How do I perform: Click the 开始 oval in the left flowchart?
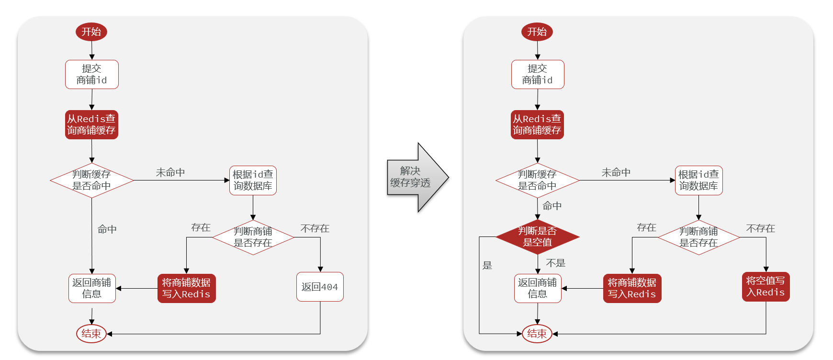(x=91, y=32)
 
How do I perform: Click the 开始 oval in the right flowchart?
(x=537, y=32)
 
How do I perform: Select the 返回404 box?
(x=320, y=287)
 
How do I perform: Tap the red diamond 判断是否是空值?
(x=537, y=236)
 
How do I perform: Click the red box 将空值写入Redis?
(x=765, y=287)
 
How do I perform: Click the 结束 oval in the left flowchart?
(x=91, y=334)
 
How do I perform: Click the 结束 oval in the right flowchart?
(x=537, y=334)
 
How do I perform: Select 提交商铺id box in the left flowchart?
(x=91, y=74)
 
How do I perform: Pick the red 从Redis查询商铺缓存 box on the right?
(x=537, y=124)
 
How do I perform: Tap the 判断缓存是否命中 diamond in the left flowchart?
(x=91, y=180)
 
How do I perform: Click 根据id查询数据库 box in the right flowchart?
(x=698, y=180)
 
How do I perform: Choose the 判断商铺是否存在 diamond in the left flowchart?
(x=253, y=237)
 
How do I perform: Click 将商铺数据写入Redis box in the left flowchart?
(x=186, y=288)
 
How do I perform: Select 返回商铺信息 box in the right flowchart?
(x=537, y=288)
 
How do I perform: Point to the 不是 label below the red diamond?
(x=555, y=263)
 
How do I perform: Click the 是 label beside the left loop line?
(x=487, y=265)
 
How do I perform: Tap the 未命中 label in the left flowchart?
(x=170, y=172)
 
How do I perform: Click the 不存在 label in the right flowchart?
(x=760, y=228)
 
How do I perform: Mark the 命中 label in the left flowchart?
(x=107, y=229)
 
